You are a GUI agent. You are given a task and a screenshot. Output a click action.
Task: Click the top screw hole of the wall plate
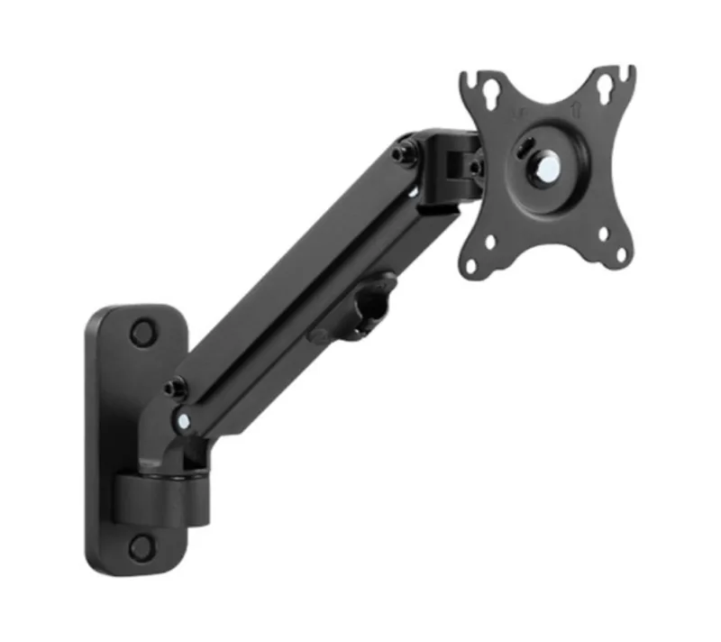(x=141, y=332)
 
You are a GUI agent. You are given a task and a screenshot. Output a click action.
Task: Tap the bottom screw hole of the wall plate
(x=141, y=545)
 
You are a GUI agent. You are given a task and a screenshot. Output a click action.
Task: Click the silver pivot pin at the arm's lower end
(x=184, y=420)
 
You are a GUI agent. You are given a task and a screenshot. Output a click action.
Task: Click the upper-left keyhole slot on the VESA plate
(x=490, y=96)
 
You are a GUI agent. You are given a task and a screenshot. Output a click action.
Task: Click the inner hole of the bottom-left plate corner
(x=489, y=241)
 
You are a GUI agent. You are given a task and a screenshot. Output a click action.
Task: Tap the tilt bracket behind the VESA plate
(x=455, y=166)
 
